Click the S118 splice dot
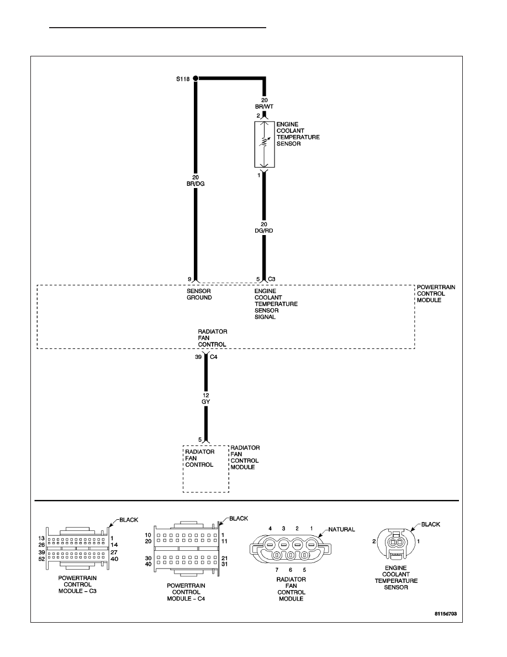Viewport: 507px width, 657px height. (x=196, y=79)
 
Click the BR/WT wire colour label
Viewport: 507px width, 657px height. (x=265, y=107)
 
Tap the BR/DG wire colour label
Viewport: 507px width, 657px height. (x=196, y=184)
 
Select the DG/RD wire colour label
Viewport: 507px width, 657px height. (x=264, y=231)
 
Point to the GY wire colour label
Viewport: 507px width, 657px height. (x=206, y=402)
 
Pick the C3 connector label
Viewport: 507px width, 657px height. (x=272, y=279)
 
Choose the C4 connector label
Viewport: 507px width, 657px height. (x=213, y=357)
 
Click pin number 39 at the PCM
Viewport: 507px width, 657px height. (x=198, y=357)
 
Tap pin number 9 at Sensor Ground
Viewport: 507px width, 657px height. (x=189, y=279)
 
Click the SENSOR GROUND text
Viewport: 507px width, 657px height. (x=199, y=294)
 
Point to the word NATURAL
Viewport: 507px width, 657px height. (x=341, y=530)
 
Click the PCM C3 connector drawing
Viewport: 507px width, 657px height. (x=78, y=547)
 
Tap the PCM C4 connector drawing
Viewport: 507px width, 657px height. (x=187, y=548)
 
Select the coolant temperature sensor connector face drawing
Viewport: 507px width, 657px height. (x=396, y=544)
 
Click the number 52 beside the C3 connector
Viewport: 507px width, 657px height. (x=41, y=559)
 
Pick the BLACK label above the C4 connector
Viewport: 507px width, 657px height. (x=239, y=519)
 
